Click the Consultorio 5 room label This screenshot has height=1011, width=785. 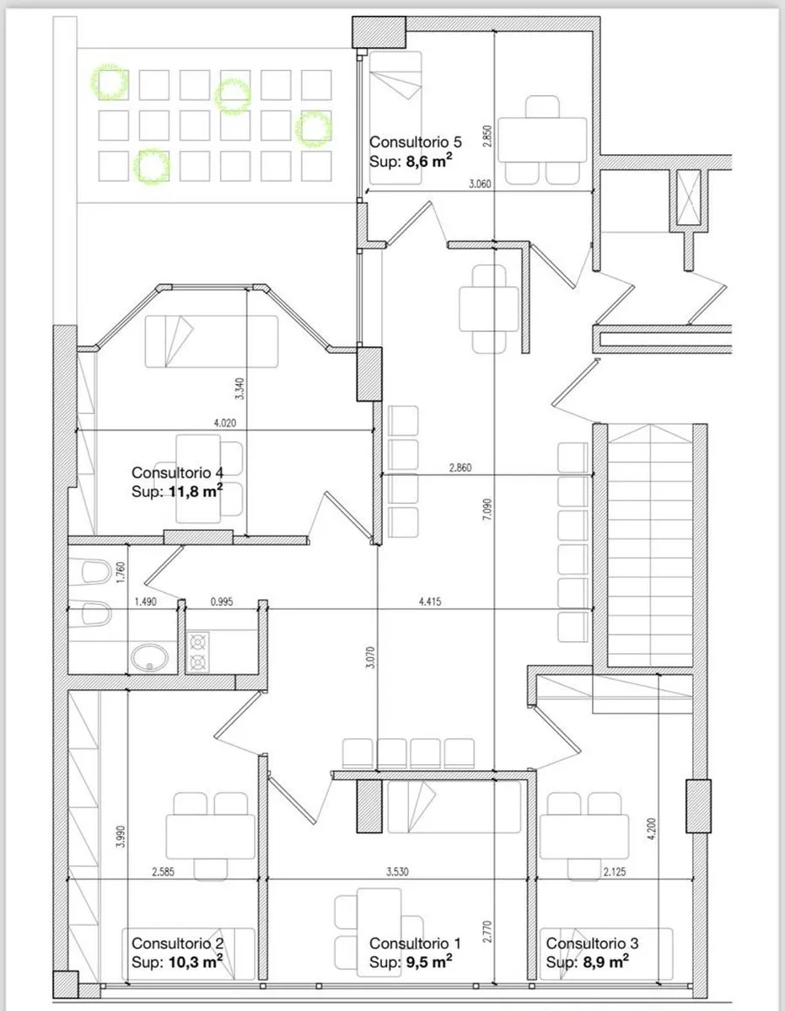[416, 142]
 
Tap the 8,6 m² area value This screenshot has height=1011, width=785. [429, 161]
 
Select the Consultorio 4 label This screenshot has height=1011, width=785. [177, 473]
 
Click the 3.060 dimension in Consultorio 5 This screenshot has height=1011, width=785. [480, 184]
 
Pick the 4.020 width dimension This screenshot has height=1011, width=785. [225, 423]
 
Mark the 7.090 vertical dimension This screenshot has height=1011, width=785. [487, 509]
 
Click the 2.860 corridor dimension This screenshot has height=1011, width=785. [460, 468]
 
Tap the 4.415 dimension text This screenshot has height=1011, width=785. [430, 602]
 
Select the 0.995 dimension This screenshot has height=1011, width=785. [222, 602]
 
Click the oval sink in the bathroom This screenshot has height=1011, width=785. [149, 657]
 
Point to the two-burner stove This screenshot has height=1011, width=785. [198, 651]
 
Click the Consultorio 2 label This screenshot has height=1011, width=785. [177, 943]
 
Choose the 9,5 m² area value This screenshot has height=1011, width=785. [429, 961]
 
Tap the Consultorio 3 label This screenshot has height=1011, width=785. [592, 943]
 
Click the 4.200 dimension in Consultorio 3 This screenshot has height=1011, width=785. [652, 829]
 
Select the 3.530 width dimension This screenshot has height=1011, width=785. [397, 871]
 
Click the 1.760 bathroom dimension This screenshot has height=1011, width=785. [121, 573]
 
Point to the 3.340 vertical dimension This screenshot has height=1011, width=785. [239, 388]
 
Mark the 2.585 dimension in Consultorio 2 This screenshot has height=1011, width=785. [163, 871]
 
